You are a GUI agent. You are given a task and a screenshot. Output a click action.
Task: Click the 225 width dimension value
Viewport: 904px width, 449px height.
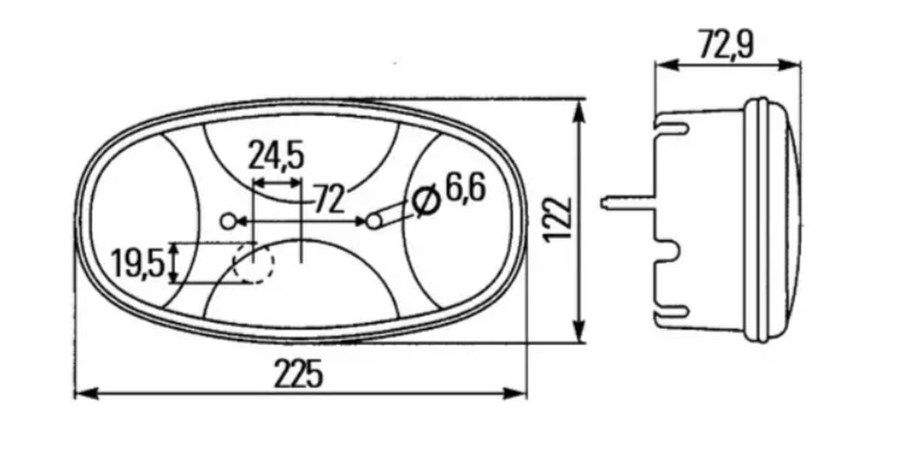(x=298, y=374)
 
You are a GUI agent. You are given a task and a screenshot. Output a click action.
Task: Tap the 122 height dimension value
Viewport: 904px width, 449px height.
(x=558, y=221)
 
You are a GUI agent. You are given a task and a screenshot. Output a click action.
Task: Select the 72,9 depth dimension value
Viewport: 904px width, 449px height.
(x=727, y=46)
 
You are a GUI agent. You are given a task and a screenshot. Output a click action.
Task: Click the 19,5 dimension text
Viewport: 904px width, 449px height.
(x=138, y=263)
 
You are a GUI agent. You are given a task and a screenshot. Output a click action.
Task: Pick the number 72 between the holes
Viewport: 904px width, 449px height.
(x=330, y=199)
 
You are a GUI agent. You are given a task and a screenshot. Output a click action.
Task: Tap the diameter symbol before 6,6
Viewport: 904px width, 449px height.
(x=426, y=202)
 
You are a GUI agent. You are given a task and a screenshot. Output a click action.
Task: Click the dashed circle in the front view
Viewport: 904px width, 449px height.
(x=253, y=263)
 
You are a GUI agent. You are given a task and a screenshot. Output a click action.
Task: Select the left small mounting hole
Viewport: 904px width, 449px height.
(x=229, y=221)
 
